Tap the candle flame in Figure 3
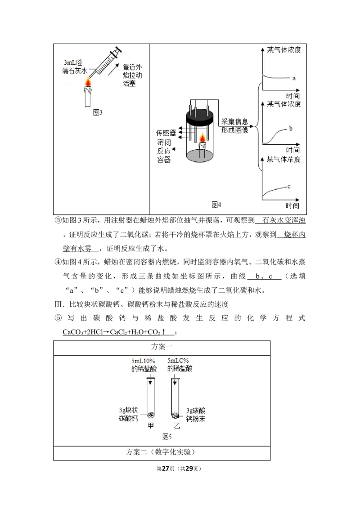88,82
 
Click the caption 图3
98,113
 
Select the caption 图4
216,205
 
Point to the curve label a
294,78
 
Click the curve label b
290,128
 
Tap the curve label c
289,187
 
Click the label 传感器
166,133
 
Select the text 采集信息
234,122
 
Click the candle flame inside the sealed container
202,138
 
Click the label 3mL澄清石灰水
74,67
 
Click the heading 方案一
162,347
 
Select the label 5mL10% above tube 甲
143,361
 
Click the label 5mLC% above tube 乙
178,361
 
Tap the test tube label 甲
151,425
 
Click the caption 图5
167,437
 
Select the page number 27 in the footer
166,469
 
